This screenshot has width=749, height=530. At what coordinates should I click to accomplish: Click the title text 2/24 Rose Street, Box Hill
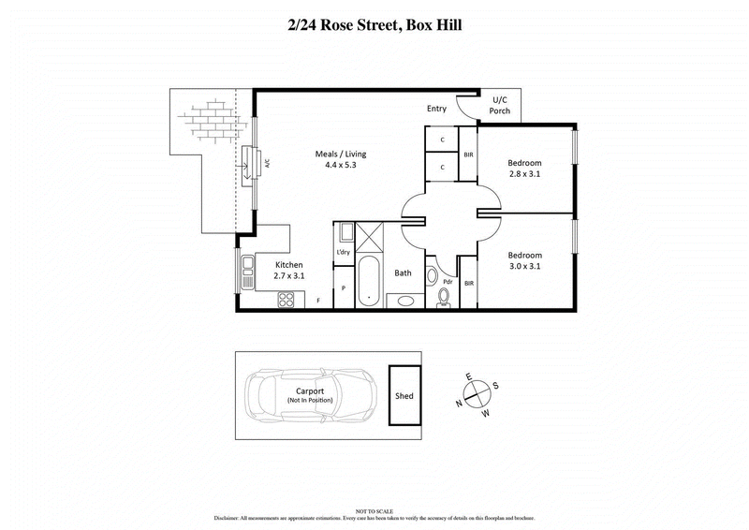[x=374, y=25]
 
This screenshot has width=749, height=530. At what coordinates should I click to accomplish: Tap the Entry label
[x=436, y=109]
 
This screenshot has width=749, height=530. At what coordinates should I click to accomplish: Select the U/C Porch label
[x=500, y=105]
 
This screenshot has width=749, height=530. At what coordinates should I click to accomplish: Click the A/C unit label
[x=267, y=163]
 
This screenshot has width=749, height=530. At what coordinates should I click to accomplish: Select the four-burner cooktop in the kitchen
[x=286, y=300]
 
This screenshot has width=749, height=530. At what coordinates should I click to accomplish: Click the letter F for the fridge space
[x=318, y=301]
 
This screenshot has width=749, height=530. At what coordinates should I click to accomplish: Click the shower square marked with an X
[x=367, y=235]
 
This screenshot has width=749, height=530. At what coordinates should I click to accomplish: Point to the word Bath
[x=403, y=273]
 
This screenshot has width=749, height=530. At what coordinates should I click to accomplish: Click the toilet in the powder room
[x=445, y=296]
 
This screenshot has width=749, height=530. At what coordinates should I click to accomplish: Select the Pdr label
[x=447, y=281]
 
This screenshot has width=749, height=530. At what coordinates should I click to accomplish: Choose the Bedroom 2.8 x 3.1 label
[x=525, y=168]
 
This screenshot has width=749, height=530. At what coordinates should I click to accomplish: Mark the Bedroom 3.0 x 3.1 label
[x=525, y=259]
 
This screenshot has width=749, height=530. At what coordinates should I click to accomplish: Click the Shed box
[x=404, y=395]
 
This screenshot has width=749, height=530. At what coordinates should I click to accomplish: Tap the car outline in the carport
[x=310, y=395]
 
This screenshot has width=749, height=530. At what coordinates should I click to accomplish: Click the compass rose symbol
[x=477, y=393]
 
